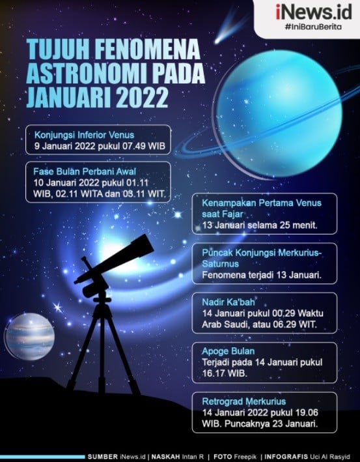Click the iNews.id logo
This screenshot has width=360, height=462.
pos(314,12)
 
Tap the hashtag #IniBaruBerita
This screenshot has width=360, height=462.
pos(313,27)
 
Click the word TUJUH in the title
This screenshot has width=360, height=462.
pos(58,50)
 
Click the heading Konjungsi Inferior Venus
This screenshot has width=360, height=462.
pos(84,135)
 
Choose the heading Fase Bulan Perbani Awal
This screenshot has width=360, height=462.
pos(85,171)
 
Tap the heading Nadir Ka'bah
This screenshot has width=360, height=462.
pos(228,302)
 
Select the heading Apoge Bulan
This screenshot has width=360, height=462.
pos(228,351)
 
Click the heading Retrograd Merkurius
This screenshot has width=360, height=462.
pos(243,401)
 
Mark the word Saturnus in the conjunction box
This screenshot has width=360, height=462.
pos(220,263)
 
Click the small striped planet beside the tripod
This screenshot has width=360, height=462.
pos(29,336)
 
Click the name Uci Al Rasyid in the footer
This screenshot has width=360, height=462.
pos(329,457)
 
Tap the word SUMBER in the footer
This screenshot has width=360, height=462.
pos(103,457)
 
